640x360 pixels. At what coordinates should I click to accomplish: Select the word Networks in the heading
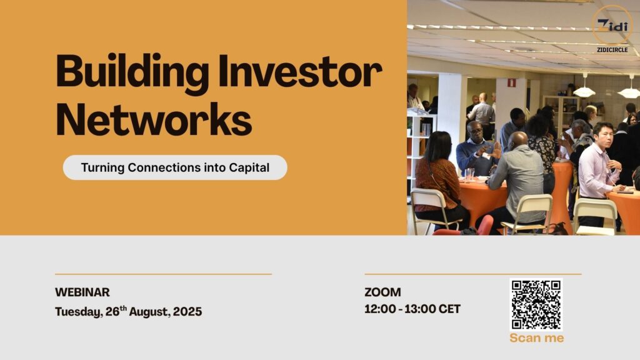pos(154,119)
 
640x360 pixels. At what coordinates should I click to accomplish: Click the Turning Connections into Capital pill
pos(175,167)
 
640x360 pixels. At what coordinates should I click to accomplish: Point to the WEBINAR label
pos(82,292)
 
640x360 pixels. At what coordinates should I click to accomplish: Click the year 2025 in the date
pos(187,311)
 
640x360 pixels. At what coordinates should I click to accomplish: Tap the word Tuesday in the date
pos(79,312)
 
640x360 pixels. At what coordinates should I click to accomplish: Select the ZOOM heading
pos(382,292)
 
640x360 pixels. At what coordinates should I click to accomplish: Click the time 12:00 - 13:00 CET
pos(412,309)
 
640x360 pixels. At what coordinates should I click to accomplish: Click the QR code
pos(536,304)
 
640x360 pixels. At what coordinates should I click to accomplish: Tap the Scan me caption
pos(537,338)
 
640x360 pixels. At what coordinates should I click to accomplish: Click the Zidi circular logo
pos(612,25)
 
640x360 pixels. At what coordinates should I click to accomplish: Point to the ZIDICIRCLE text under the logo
pos(612,50)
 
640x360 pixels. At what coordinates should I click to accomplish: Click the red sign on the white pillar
pos(511,83)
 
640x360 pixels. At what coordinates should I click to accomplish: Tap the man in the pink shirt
pos(597,176)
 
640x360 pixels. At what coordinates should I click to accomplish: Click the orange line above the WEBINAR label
pos(163,274)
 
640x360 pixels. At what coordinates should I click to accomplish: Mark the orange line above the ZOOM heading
pos(473,274)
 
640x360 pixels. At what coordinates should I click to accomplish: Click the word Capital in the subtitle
pos(249,167)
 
